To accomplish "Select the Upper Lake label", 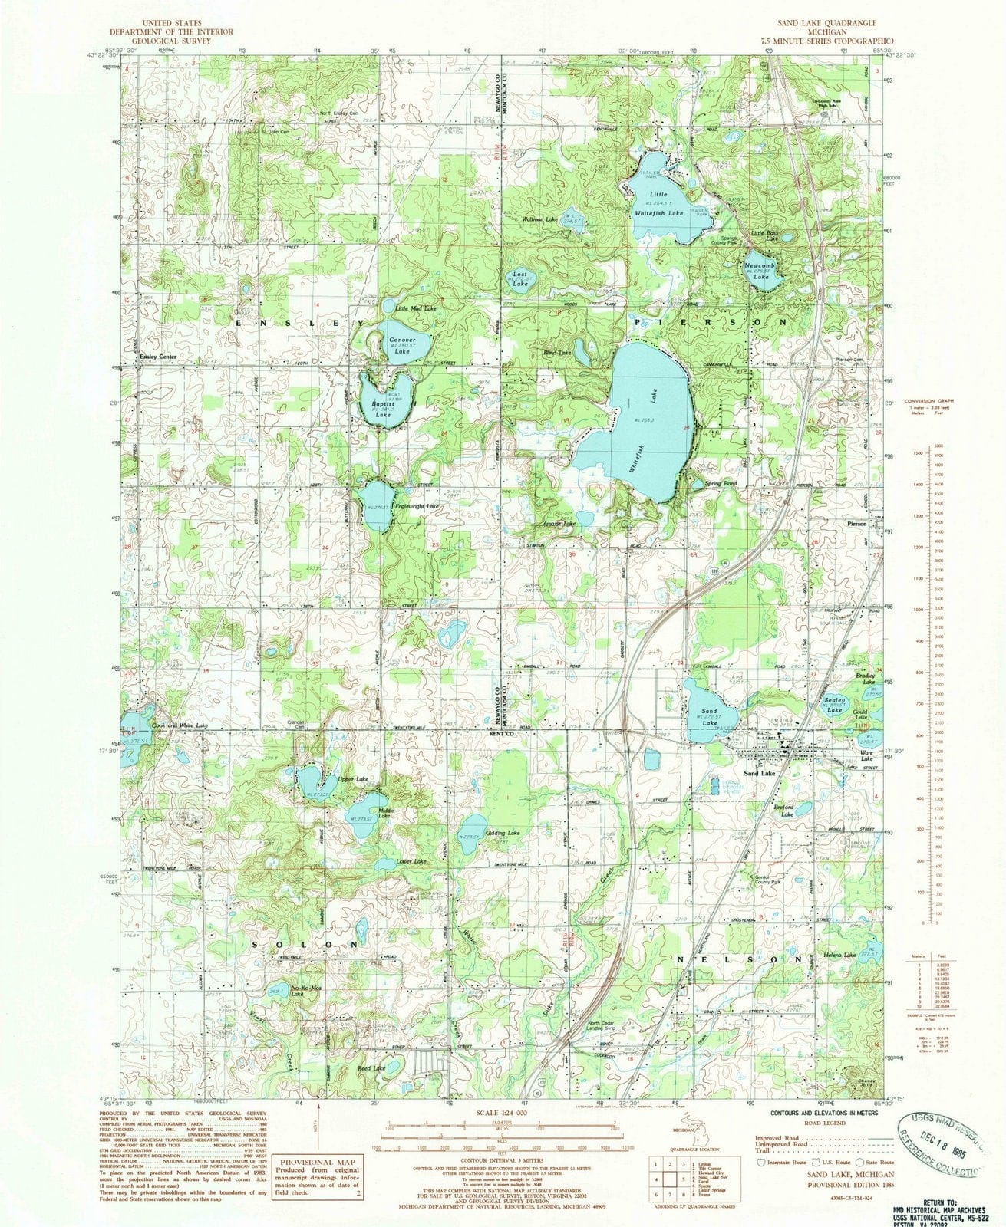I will pos(353,779).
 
